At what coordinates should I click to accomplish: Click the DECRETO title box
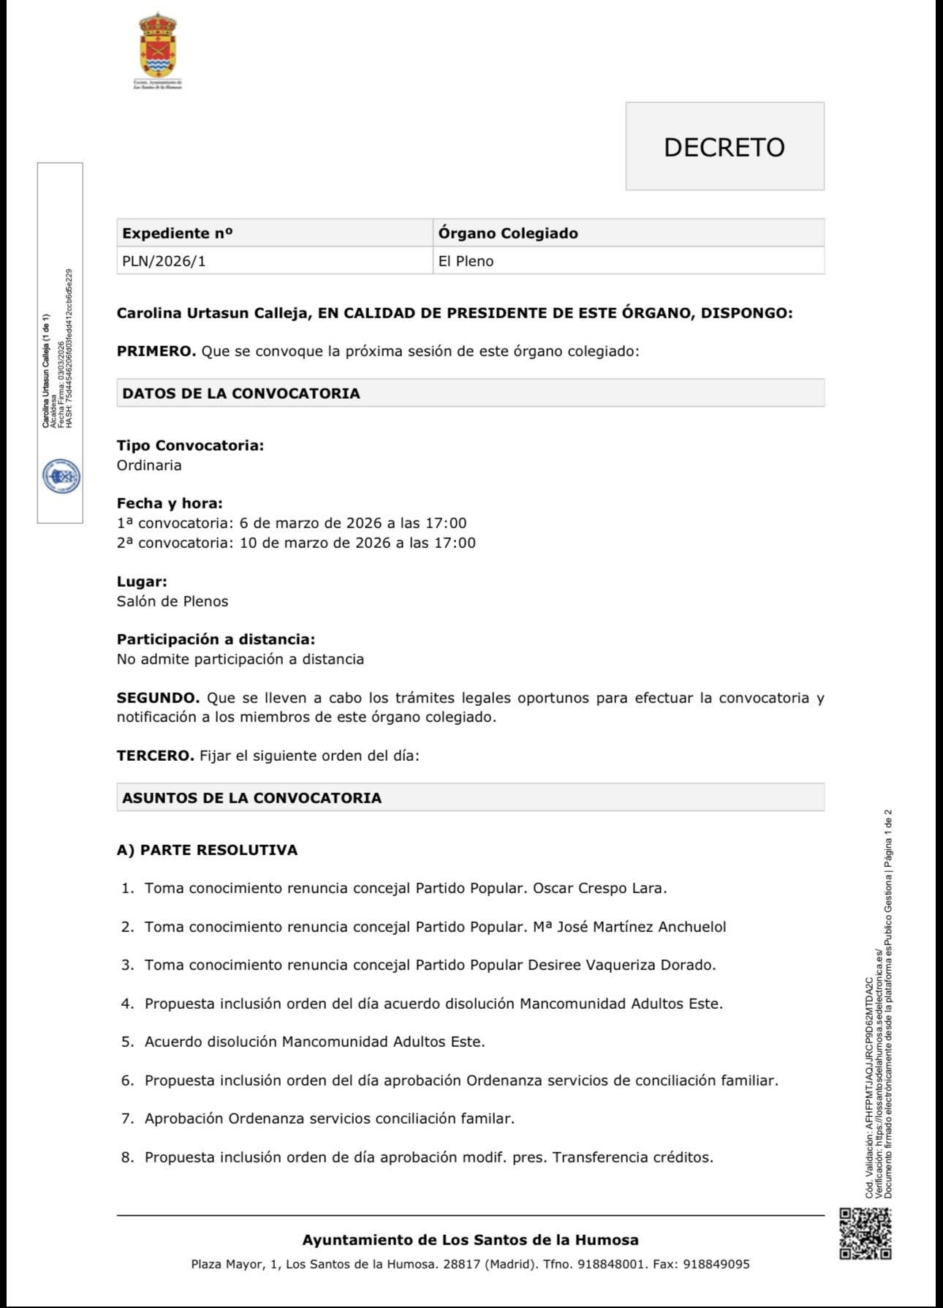(724, 146)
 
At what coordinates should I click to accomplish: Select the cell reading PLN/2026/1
(164, 261)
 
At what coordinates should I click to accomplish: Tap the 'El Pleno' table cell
(466, 261)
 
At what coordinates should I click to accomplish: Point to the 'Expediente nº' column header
(178, 233)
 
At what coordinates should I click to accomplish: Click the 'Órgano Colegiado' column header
(508, 233)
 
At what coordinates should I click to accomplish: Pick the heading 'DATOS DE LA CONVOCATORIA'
(241, 394)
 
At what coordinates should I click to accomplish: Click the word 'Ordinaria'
(149, 465)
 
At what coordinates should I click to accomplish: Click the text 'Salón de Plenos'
(173, 601)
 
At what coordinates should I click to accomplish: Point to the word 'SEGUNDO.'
(158, 698)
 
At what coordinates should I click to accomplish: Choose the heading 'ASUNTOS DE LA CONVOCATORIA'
(252, 798)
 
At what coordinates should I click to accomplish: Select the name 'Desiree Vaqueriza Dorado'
(621, 965)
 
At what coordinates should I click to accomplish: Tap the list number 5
(127, 1042)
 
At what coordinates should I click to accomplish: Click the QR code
(865, 1233)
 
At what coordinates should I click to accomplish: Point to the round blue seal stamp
(61, 476)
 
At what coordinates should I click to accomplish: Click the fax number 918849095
(716, 1264)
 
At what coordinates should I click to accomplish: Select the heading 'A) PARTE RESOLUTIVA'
(207, 850)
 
